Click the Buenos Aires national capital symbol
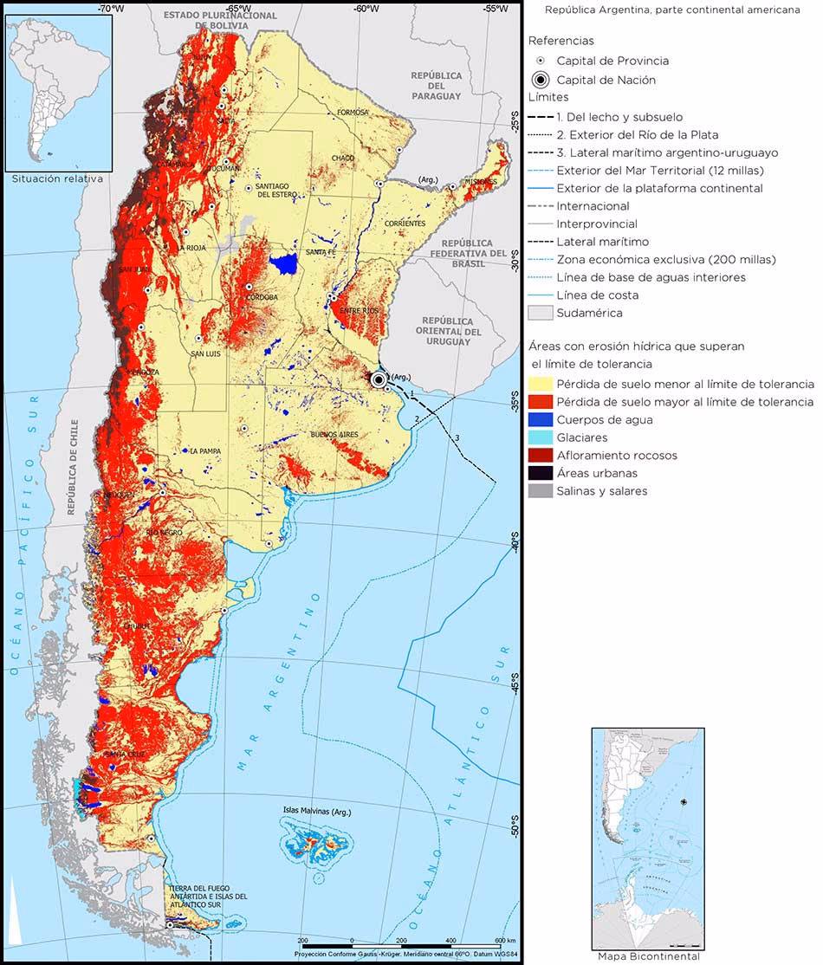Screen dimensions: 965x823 (379, 379)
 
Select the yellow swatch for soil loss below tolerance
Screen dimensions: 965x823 (541, 384)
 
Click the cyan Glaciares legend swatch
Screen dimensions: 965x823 (541, 437)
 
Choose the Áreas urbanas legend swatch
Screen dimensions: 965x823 (541, 473)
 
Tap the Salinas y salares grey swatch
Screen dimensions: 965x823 (541, 491)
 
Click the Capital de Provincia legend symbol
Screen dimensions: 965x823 (541, 62)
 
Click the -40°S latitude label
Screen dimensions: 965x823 (513, 546)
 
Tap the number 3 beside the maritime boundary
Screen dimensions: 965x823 (457, 437)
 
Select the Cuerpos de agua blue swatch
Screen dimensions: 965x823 (541, 419)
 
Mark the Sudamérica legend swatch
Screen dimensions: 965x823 (541, 313)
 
